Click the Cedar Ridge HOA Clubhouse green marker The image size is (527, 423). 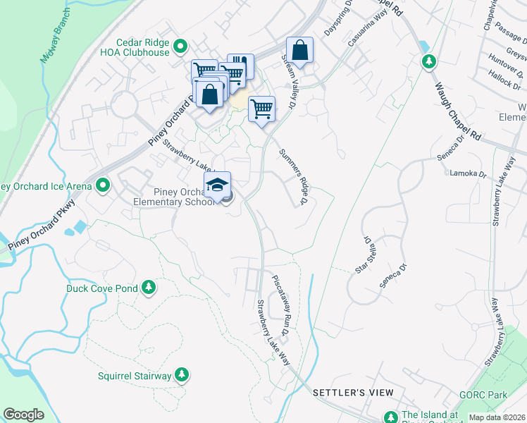coord(180,47)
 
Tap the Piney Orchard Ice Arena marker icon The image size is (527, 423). coord(104,186)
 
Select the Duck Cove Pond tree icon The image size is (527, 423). coord(148,288)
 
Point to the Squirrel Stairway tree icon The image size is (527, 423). coord(182,375)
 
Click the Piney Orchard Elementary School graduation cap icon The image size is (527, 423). coord(218,185)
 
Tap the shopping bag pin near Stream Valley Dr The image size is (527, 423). coord(300,51)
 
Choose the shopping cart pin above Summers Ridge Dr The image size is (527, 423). coord(261,109)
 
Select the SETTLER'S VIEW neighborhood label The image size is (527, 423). coord(347,392)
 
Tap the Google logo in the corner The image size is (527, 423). coord(23,415)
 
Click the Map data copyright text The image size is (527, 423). coord(497,417)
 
